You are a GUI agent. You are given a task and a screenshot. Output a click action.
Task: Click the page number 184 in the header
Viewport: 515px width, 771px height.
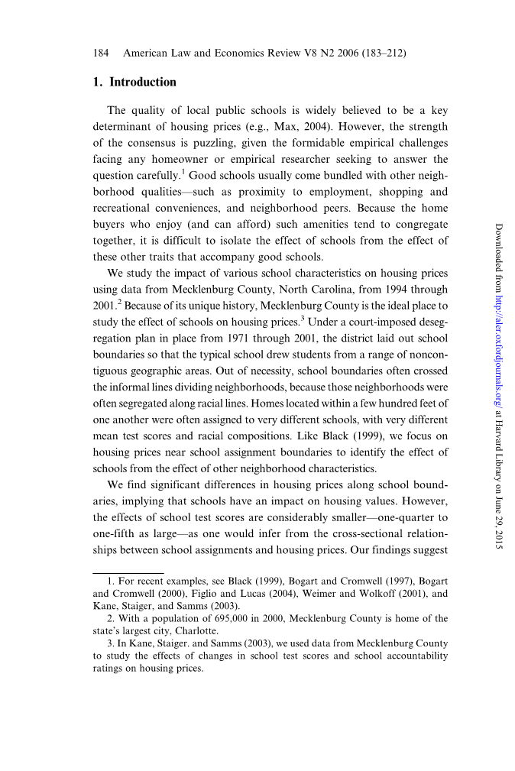pos(101,53)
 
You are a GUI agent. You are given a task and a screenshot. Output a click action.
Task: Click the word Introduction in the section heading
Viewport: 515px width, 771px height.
pos(143,83)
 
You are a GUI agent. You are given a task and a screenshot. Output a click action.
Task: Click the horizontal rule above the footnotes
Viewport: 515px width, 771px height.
pos(128,572)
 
